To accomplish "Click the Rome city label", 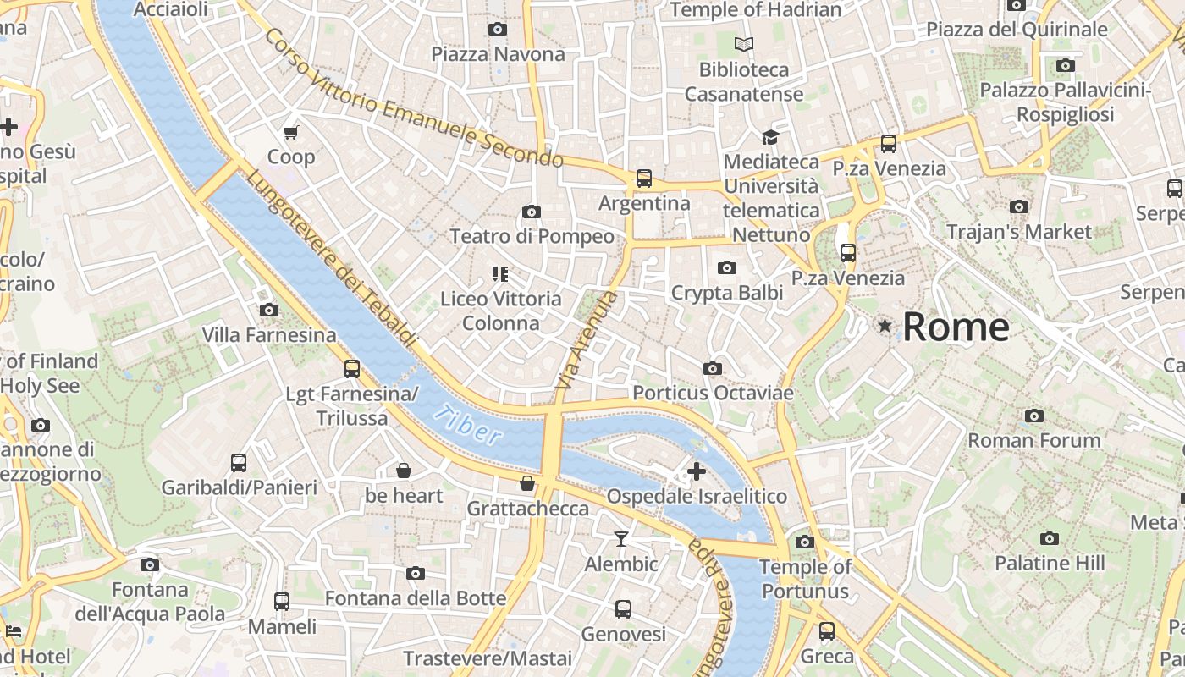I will pos(956,327).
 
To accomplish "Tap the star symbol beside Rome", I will pos(885,326).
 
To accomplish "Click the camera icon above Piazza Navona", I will pos(498,30).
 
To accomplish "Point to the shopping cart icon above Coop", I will pos(291,132).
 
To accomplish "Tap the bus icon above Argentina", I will pos(644,179).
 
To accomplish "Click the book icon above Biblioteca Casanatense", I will pos(744,44).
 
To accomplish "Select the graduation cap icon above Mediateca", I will pos(770,137).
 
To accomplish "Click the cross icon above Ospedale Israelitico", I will pos(697,471).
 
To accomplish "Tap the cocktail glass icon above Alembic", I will pos(621,539).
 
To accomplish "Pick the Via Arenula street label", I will pos(587,340).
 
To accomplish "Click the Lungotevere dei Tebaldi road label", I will pos(333,258).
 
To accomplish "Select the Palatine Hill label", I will pos(1050,563).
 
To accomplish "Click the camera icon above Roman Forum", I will pos(1033,416).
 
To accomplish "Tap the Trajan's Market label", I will pos(1019,232).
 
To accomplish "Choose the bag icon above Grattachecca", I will pos(527,483).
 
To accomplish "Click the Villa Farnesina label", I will pos(269,335).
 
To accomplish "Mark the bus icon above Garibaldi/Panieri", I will pos(239,463).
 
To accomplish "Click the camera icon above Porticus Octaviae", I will pos(713,368).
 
